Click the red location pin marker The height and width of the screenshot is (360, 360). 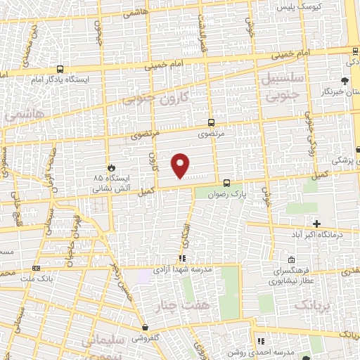point(181,165)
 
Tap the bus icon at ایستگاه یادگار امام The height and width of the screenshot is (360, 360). point(60,70)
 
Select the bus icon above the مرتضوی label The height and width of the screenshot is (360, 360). point(212,122)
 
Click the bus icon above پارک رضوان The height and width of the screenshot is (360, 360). point(226,183)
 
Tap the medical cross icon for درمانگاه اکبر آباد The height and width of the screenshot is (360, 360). point(317,224)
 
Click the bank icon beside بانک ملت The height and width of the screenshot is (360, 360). point(36,269)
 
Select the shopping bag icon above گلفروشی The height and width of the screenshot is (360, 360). point(145,327)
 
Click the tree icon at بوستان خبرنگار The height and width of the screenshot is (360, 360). point(345,82)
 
